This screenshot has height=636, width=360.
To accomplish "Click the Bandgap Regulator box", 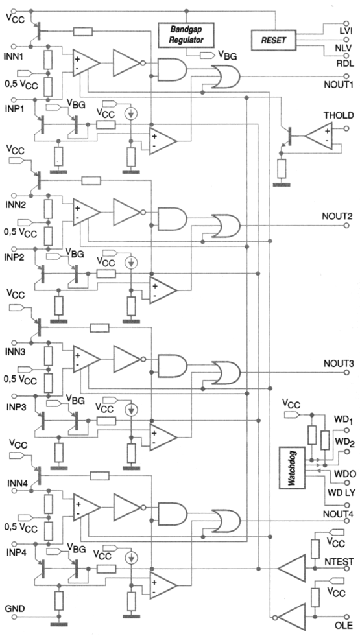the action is [x=186, y=35].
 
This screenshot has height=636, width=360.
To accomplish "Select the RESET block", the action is [x=274, y=40].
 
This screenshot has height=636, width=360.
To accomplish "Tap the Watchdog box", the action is [x=291, y=468].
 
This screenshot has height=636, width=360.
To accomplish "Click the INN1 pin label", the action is [x=14, y=57].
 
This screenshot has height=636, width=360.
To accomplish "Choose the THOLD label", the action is [x=339, y=115].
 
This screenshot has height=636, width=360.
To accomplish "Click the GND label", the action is [x=15, y=609].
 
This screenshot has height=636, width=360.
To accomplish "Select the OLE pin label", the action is [x=344, y=624].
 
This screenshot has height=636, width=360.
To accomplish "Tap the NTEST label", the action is [x=339, y=562].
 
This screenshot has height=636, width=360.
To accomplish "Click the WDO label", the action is [x=345, y=474].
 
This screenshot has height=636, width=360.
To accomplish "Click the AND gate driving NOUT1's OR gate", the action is [x=172, y=70].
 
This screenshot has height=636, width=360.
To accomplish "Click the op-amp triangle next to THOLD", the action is [x=318, y=134].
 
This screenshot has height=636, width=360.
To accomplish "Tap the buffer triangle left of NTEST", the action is [x=291, y=568].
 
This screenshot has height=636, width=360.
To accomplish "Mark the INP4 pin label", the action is [x=15, y=553].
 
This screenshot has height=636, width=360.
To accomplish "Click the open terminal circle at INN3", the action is [x=14, y=344].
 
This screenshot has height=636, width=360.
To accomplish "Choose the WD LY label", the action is [x=341, y=493].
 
